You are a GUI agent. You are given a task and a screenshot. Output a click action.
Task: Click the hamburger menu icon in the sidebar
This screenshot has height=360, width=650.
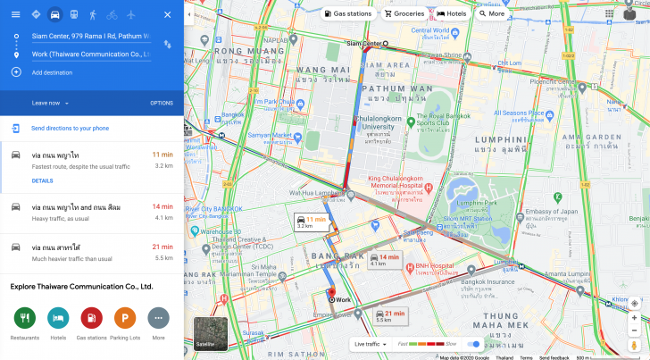[x=15, y=14]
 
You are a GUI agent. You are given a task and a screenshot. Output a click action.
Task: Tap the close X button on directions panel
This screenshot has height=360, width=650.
[x=168, y=14]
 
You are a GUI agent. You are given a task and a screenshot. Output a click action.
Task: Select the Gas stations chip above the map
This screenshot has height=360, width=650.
[x=348, y=14]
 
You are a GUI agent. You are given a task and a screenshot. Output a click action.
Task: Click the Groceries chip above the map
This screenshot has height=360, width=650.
[x=404, y=14]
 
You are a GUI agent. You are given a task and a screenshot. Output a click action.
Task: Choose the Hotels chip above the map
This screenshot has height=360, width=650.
[x=453, y=14]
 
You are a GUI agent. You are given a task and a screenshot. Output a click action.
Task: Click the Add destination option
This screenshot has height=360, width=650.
[x=52, y=72]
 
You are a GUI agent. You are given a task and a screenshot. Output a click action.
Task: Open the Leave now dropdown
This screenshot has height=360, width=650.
[x=50, y=103]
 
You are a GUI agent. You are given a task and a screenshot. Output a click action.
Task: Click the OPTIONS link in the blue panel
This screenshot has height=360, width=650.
[x=162, y=103]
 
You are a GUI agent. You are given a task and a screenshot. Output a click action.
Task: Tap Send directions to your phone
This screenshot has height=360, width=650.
[x=70, y=129]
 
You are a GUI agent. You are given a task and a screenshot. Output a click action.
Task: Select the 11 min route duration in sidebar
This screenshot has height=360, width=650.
[x=162, y=155]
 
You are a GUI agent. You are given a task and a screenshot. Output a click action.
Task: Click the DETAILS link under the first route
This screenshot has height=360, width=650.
[x=42, y=180]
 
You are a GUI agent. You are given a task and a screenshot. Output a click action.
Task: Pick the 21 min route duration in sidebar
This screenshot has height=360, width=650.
[x=162, y=247]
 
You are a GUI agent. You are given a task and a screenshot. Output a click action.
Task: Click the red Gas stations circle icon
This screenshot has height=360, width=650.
[x=91, y=317]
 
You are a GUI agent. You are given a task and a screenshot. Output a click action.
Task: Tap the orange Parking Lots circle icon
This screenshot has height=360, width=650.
[x=125, y=317]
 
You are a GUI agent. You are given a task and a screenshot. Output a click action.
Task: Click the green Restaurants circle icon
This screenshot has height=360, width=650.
[x=24, y=317]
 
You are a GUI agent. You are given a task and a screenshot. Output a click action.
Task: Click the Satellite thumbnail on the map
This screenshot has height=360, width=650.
[x=211, y=333]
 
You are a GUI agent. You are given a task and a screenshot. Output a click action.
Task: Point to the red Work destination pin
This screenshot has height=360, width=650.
[x=331, y=294]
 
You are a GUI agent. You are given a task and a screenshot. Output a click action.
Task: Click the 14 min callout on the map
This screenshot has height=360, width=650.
[x=383, y=260]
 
